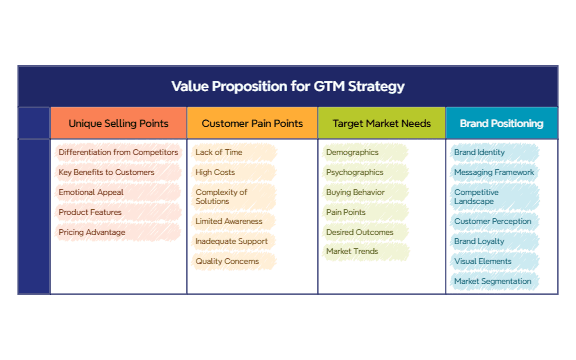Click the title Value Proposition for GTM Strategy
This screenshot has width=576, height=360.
(x=288, y=86)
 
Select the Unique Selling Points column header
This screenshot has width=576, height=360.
(x=118, y=124)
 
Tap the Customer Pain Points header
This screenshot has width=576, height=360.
(x=252, y=124)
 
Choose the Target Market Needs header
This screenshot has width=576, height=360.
(x=381, y=124)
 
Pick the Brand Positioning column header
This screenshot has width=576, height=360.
(x=501, y=124)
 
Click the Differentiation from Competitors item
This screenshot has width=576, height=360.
(x=118, y=152)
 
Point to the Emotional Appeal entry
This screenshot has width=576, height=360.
(x=91, y=192)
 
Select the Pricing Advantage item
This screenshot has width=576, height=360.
(x=92, y=232)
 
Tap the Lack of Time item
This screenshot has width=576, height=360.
(x=218, y=152)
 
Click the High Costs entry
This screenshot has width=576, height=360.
(x=215, y=172)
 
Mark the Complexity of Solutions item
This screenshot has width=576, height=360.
(x=223, y=197)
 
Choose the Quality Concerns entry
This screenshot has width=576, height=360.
(x=227, y=261)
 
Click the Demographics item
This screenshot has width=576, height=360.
(x=353, y=152)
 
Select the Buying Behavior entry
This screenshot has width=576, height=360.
(x=354, y=192)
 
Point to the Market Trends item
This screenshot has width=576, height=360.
(x=352, y=251)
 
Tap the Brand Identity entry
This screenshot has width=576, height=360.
(x=480, y=152)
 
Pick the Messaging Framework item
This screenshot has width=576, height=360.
(x=494, y=172)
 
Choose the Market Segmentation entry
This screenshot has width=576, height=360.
(x=493, y=281)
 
